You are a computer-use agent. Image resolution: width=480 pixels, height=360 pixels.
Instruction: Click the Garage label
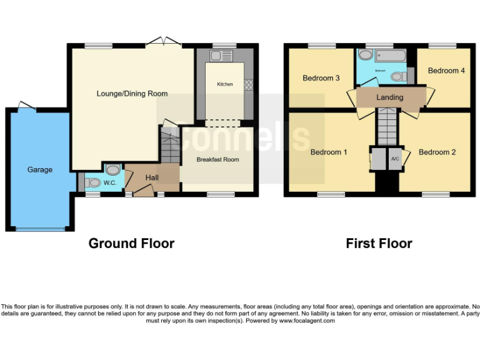(39, 169)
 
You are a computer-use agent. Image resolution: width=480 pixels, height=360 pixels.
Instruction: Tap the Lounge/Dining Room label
(132, 94)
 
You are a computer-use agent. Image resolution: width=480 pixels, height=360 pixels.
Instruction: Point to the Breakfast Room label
(217, 160)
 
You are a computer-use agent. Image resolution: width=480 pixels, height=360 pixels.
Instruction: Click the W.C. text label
(110, 183)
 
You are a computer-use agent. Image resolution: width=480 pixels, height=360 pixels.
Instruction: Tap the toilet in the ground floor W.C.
(92, 182)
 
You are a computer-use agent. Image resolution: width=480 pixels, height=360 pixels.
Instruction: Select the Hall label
(152, 178)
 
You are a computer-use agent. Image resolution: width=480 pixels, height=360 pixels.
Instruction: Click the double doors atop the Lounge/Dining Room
(164, 41)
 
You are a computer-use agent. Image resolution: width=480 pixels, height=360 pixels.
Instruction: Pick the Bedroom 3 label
(321, 78)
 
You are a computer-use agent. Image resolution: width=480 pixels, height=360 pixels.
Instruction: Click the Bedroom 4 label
(446, 71)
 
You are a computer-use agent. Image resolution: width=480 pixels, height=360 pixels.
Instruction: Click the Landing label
(389, 97)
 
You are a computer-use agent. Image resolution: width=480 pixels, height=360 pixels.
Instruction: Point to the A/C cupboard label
(394, 159)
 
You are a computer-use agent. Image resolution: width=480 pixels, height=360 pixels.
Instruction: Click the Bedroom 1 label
(329, 152)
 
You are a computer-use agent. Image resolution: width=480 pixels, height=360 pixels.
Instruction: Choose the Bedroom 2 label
(437, 152)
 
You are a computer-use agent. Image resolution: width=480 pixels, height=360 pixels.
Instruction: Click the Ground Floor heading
(131, 243)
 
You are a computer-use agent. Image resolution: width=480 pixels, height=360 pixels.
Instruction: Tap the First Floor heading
(379, 243)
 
